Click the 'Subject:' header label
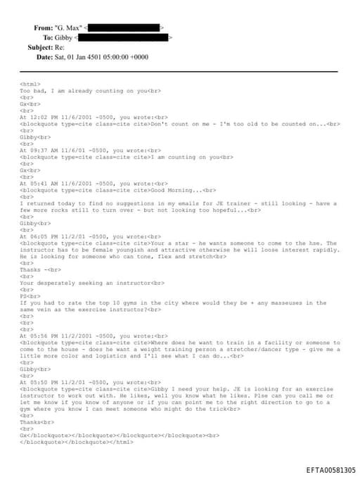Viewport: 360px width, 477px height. click(x=40, y=47)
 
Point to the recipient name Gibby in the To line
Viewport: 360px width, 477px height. click(x=63, y=37)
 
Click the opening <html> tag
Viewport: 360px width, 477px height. click(x=30, y=84)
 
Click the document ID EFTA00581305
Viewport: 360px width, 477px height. click(x=330, y=470)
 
